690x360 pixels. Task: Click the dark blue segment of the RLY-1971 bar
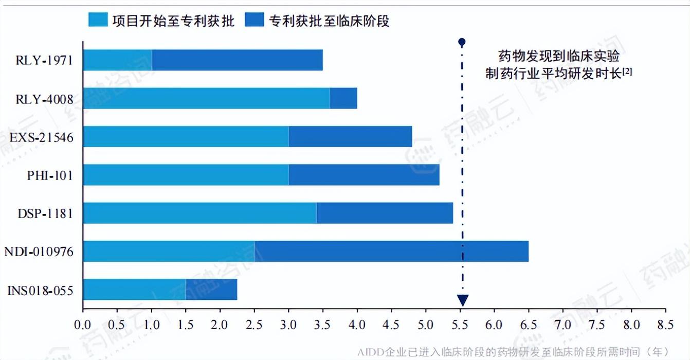pyautogui.click(x=237, y=60)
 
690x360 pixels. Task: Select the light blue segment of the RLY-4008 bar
pyautogui.click(x=206, y=98)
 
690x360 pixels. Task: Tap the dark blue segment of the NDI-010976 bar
pyautogui.click(x=391, y=251)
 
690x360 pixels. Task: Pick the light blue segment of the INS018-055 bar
pyautogui.click(x=134, y=289)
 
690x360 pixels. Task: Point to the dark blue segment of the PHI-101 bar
pyautogui.click(x=364, y=175)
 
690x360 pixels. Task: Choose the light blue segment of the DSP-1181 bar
pyautogui.click(x=199, y=213)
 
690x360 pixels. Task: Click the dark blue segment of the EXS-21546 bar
pyautogui.click(x=350, y=136)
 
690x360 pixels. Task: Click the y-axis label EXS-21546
pyautogui.click(x=42, y=138)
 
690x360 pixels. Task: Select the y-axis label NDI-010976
pyautogui.click(x=39, y=252)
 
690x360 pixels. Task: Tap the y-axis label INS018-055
pyautogui.click(x=41, y=291)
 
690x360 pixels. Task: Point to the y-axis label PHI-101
pyautogui.click(x=50, y=176)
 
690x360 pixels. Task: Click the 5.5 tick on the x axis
pyautogui.click(x=460, y=325)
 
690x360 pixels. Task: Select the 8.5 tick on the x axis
pyautogui.click(x=665, y=325)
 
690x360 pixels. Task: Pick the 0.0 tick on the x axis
pyautogui.click(x=82, y=325)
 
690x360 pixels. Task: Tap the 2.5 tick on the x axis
pyautogui.click(x=254, y=325)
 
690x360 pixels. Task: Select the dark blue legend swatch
pyautogui.click(x=254, y=21)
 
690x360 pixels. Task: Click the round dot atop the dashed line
pyautogui.click(x=462, y=42)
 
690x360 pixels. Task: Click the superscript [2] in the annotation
pyautogui.click(x=627, y=72)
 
